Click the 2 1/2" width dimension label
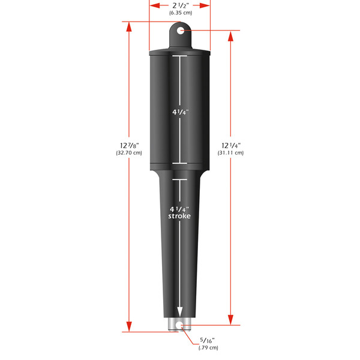tap(179, 5)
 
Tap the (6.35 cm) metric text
tap(179, 13)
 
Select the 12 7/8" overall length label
tap(129, 145)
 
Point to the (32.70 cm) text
tap(129, 153)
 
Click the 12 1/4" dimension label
tap(231, 145)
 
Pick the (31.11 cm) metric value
tap(231, 153)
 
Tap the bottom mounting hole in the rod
tap(179, 326)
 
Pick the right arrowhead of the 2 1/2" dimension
tap(207, 5)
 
